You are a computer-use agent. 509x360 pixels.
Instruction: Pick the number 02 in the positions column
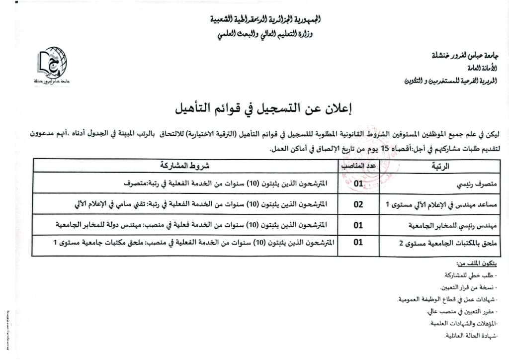(358, 204)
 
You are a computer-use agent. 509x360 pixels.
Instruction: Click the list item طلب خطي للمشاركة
(469, 275)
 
